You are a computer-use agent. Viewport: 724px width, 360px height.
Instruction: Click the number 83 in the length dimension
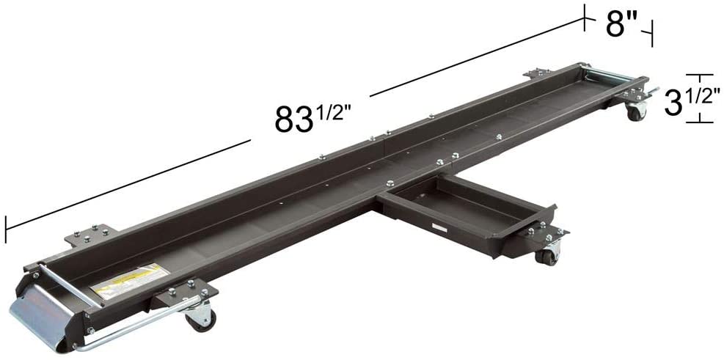point(292,120)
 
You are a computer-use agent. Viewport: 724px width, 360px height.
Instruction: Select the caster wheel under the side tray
point(546,255)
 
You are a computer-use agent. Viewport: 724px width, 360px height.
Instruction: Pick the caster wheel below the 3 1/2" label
point(635,112)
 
